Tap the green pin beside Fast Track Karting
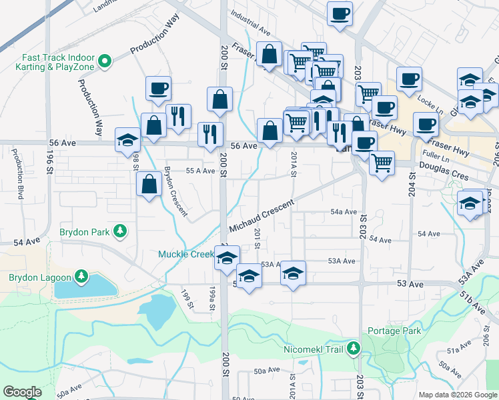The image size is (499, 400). tap(104, 62)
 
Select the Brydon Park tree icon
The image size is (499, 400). tap(120, 231)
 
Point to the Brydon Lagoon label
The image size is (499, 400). tap(39, 277)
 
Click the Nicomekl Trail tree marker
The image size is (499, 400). tap(353, 348)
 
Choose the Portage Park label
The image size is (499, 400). tap(394, 331)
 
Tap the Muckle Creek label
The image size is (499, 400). tap(185, 254)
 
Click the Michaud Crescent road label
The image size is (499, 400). tap(262, 215)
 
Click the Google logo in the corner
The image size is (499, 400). tap(22, 392)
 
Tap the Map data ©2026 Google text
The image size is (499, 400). tap(458, 395)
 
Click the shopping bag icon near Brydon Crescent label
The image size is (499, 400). tap(149, 185)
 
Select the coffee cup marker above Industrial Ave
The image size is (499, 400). tap(340, 14)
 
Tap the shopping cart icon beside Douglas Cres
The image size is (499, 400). tap(382, 163)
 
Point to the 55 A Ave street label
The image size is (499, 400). tap(200, 171)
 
